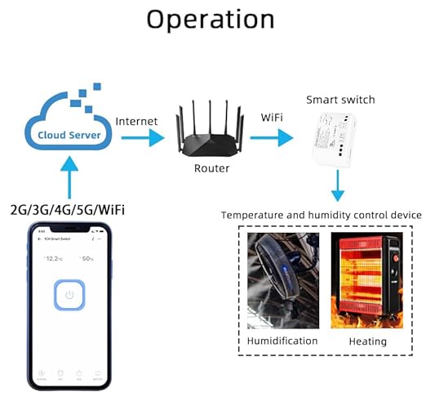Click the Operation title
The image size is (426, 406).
pos(210,20)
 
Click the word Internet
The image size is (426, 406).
pos(136,122)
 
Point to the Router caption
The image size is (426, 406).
pos(211,168)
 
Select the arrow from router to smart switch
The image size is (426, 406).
pos(273,136)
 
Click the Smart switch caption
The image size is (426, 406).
pos(340,100)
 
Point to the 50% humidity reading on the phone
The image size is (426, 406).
pos(86,258)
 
